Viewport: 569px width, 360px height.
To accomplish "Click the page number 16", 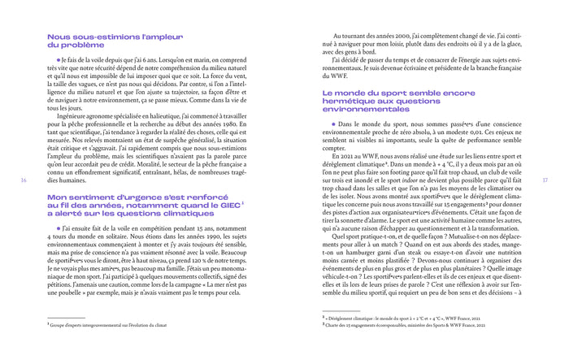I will (21, 180).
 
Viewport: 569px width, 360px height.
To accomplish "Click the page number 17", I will (546, 180).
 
